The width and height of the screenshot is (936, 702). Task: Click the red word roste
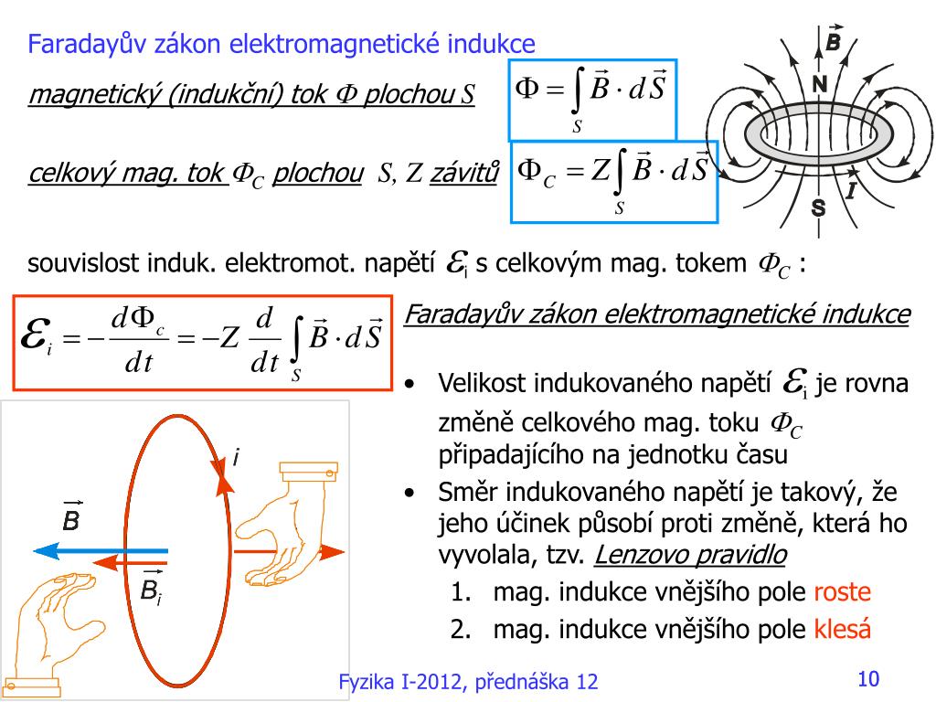point(842,592)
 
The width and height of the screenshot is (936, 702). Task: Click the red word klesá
point(842,630)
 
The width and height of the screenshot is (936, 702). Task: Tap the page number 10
point(867,679)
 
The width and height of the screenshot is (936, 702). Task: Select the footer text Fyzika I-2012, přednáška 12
point(468,682)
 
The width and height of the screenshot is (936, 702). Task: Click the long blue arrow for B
point(101,550)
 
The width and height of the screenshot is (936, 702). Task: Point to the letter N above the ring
point(819,85)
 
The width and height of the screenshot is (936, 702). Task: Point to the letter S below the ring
point(818,209)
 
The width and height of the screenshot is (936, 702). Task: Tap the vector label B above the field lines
point(833,42)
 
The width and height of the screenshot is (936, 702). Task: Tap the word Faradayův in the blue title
point(83,43)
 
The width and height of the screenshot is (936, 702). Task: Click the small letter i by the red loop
point(236,458)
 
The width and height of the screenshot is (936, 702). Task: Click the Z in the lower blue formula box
point(601,170)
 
